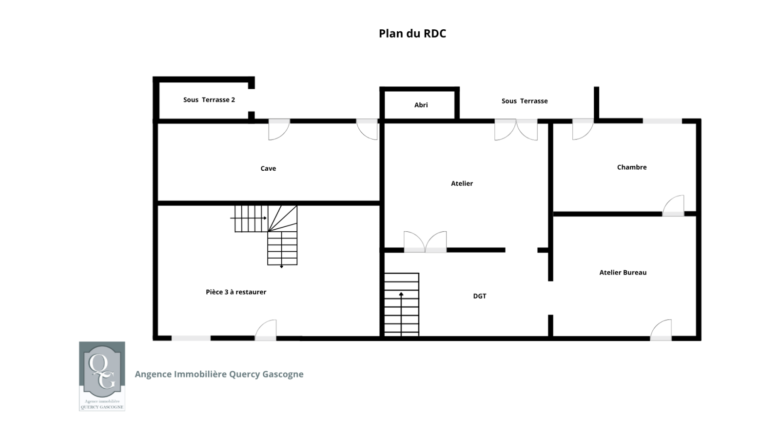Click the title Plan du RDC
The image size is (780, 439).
(412, 34)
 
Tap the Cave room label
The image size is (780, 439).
(268, 168)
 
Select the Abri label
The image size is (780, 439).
(421, 105)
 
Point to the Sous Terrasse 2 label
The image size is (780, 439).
(209, 100)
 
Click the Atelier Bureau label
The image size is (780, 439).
(623, 273)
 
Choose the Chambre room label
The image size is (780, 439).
(632, 167)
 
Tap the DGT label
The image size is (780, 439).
(480, 296)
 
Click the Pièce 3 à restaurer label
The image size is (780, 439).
(236, 292)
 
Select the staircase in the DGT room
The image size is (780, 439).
(402, 304)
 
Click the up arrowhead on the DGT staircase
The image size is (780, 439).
(401, 295)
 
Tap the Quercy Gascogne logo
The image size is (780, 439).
(102, 376)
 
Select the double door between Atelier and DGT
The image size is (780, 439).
(425, 242)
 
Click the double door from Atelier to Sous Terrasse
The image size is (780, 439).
(516, 130)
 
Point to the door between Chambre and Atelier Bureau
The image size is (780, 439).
(673, 206)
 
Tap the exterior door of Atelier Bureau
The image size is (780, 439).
(661, 330)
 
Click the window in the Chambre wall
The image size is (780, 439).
(663, 121)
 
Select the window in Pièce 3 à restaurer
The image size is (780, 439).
(191, 338)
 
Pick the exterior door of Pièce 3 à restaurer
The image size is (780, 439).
(266, 330)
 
